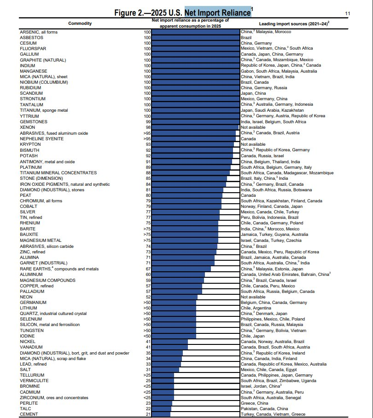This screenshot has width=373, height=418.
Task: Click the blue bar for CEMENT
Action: [x=161, y=414]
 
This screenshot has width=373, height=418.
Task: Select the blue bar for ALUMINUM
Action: [x=178, y=275]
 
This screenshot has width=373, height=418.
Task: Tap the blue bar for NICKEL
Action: [x=170, y=342]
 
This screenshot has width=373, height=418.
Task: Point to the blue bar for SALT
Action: [x=165, y=370]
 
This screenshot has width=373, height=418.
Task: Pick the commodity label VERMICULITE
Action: [x=33, y=381]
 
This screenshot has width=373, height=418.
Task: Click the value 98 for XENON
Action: [x=147, y=127]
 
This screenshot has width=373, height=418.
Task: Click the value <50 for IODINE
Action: [x=147, y=336]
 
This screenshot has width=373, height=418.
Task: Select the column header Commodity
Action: [x=80, y=23]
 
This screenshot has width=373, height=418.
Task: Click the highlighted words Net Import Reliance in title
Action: [x=218, y=12]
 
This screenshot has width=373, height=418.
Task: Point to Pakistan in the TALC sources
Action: [x=249, y=409]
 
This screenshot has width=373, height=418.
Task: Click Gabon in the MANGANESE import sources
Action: [x=247, y=71]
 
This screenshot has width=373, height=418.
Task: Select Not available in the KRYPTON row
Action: [x=253, y=144]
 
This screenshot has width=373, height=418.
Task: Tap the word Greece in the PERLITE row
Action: [x=248, y=403]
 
